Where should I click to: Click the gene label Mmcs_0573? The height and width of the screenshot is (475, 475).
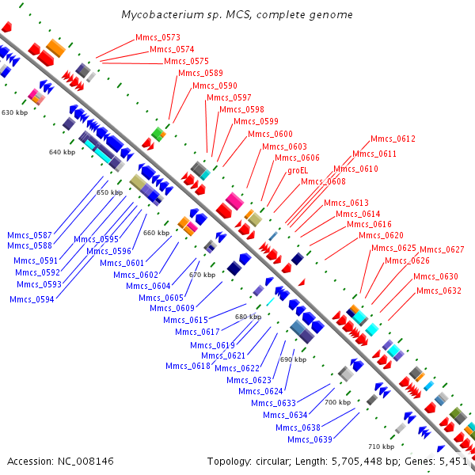(x=158, y=37)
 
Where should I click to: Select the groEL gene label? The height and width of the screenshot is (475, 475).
(x=298, y=169)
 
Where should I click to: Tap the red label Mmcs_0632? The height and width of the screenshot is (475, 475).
(x=439, y=291)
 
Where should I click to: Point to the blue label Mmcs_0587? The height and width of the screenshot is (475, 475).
(x=30, y=235)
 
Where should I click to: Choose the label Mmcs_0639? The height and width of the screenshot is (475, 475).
(x=310, y=439)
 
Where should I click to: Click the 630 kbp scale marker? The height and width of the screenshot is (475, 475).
(x=14, y=113)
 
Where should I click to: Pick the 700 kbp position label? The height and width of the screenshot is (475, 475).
(x=337, y=402)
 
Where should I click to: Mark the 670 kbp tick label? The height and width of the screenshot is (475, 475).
(x=202, y=274)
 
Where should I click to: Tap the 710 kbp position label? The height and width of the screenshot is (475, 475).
(x=381, y=446)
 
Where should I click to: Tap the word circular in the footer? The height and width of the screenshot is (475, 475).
(x=273, y=461)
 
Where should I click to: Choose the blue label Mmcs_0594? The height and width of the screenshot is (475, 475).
(x=32, y=299)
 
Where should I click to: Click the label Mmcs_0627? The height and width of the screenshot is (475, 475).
(x=442, y=249)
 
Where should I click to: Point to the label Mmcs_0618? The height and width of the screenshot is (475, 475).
(x=188, y=366)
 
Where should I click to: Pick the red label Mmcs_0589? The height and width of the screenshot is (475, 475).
(x=200, y=73)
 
